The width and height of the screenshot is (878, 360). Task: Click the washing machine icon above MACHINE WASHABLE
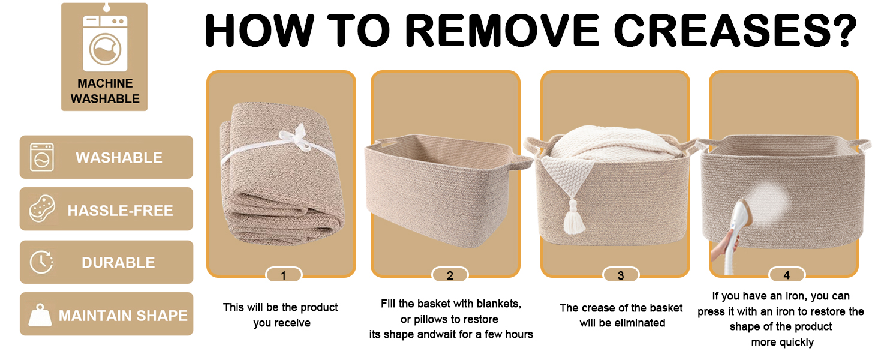[x=105, y=43]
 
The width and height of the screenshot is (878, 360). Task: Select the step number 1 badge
[x=284, y=275]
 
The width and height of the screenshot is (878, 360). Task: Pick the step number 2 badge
[x=450, y=275]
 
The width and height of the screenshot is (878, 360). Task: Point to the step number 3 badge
[x=621, y=275]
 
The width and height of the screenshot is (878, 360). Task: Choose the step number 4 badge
[x=787, y=275]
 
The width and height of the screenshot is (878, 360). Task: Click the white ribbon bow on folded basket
[x=299, y=138]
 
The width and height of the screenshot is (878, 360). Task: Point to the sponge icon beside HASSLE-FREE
[x=42, y=209]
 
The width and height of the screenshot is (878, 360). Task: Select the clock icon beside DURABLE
[x=41, y=262]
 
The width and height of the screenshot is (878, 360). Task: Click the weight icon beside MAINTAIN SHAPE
[x=40, y=315]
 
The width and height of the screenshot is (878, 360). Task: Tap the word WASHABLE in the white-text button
[x=119, y=158]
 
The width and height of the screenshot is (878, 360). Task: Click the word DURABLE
[x=118, y=263]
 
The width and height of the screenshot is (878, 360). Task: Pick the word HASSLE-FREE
[x=120, y=211]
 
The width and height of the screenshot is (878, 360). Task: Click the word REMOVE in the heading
[x=502, y=31]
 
